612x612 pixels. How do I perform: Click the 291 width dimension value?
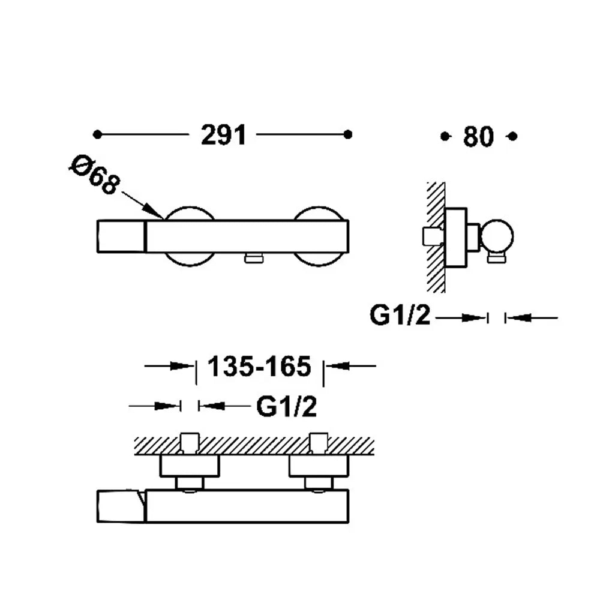tap(223, 135)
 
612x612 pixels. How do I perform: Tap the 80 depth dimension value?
tap(478, 137)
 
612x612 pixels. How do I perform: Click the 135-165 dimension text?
tap(259, 367)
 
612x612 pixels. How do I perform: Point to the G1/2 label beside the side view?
tap(400, 316)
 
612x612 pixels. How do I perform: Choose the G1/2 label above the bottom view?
tap(286, 407)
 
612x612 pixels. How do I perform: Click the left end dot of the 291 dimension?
tap(97, 134)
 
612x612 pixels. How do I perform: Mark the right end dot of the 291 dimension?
tap(348, 134)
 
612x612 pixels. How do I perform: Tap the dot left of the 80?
tap(445, 136)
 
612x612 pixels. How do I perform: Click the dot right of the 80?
tap(513, 136)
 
